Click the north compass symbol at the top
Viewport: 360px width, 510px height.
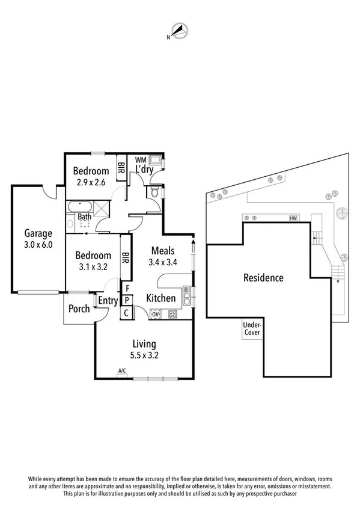[x=179, y=29]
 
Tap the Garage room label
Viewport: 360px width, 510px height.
[x=38, y=233]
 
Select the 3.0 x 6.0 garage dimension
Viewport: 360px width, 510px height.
[x=38, y=245]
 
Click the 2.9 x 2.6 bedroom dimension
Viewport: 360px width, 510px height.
[x=90, y=182]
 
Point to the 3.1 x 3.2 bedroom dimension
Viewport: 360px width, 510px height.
[x=94, y=267]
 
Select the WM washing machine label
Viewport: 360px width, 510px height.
[x=140, y=160]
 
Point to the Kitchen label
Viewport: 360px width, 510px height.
[x=161, y=298]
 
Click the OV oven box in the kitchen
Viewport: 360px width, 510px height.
[x=155, y=313]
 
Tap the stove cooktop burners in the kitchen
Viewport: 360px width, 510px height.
[x=172, y=313]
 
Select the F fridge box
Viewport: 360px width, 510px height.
[x=127, y=288]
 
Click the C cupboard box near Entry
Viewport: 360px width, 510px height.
[x=127, y=313]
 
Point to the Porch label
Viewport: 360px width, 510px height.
[x=79, y=309]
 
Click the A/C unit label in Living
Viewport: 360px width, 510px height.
[x=122, y=370]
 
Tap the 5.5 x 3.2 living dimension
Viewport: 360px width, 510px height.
[x=144, y=355]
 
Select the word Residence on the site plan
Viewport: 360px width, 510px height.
[x=263, y=278]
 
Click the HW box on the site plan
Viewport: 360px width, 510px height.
[x=293, y=218]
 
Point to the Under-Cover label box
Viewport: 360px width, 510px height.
[x=251, y=329]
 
